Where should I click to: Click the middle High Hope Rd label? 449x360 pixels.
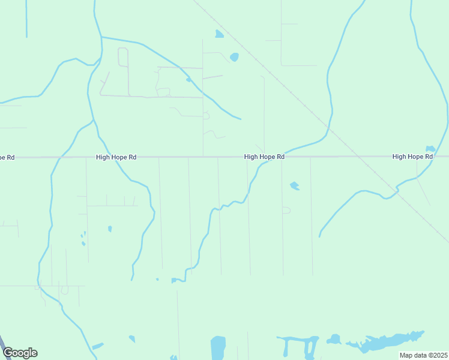click(x=264, y=157)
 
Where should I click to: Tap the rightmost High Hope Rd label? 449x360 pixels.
click(x=412, y=157)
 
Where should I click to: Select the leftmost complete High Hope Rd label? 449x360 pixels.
click(x=116, y=157)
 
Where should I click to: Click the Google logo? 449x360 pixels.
click(x=20, y=353)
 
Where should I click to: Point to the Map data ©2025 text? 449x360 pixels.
click(x=423, y=355)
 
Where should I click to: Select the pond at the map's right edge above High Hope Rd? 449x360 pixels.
click(x=430, y=149)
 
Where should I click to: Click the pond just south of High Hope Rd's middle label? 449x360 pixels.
click(x=294, y=186)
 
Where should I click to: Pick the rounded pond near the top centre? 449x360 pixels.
click(x=234, y=57)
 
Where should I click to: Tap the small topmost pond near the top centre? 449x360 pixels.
click(x=219, y=34)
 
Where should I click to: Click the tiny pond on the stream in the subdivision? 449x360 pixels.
click(x=188, y=79)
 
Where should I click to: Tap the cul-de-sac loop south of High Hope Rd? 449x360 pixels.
click(x=286, y=211)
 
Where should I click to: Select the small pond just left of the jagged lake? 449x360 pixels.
click(x=334, y=340)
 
